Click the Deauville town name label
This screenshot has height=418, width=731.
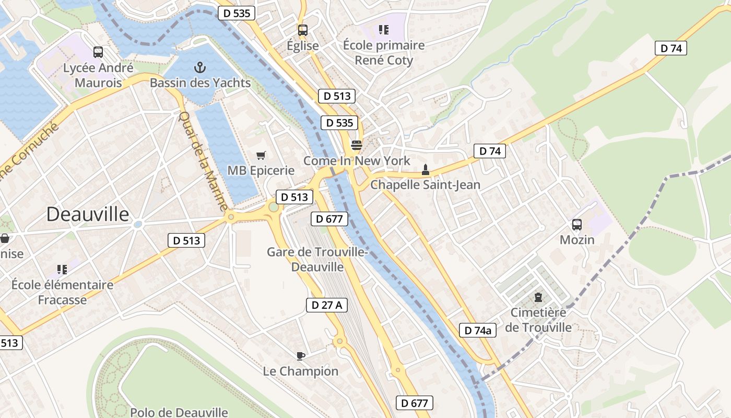(88, 214)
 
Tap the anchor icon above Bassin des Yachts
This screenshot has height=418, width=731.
(200, 67)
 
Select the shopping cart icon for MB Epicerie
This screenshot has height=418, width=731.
(261, 155)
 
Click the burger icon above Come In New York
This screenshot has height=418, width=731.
(357, 145)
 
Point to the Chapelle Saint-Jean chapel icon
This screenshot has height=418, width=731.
(425, 169)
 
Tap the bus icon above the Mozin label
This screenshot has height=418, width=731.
(577, 225)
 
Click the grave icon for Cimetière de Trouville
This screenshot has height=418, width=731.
(538, 297)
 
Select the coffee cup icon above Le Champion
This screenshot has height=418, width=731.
(301, 356)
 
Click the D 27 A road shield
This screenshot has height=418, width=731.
(327, 305)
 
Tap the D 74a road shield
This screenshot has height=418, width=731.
(478, 330)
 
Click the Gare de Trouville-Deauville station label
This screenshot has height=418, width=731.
(317, 259)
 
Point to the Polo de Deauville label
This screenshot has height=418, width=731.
(179, 412)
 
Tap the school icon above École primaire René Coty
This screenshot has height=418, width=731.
(384, 30)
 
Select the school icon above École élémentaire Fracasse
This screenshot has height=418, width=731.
(62, 270)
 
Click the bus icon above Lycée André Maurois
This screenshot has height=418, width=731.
(98, 52)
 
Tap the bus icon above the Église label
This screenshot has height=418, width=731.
(303, 30)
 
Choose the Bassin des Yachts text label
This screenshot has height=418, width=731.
(200, 83)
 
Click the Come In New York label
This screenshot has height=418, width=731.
(357, 160)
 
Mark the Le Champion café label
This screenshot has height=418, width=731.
(301, 371)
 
